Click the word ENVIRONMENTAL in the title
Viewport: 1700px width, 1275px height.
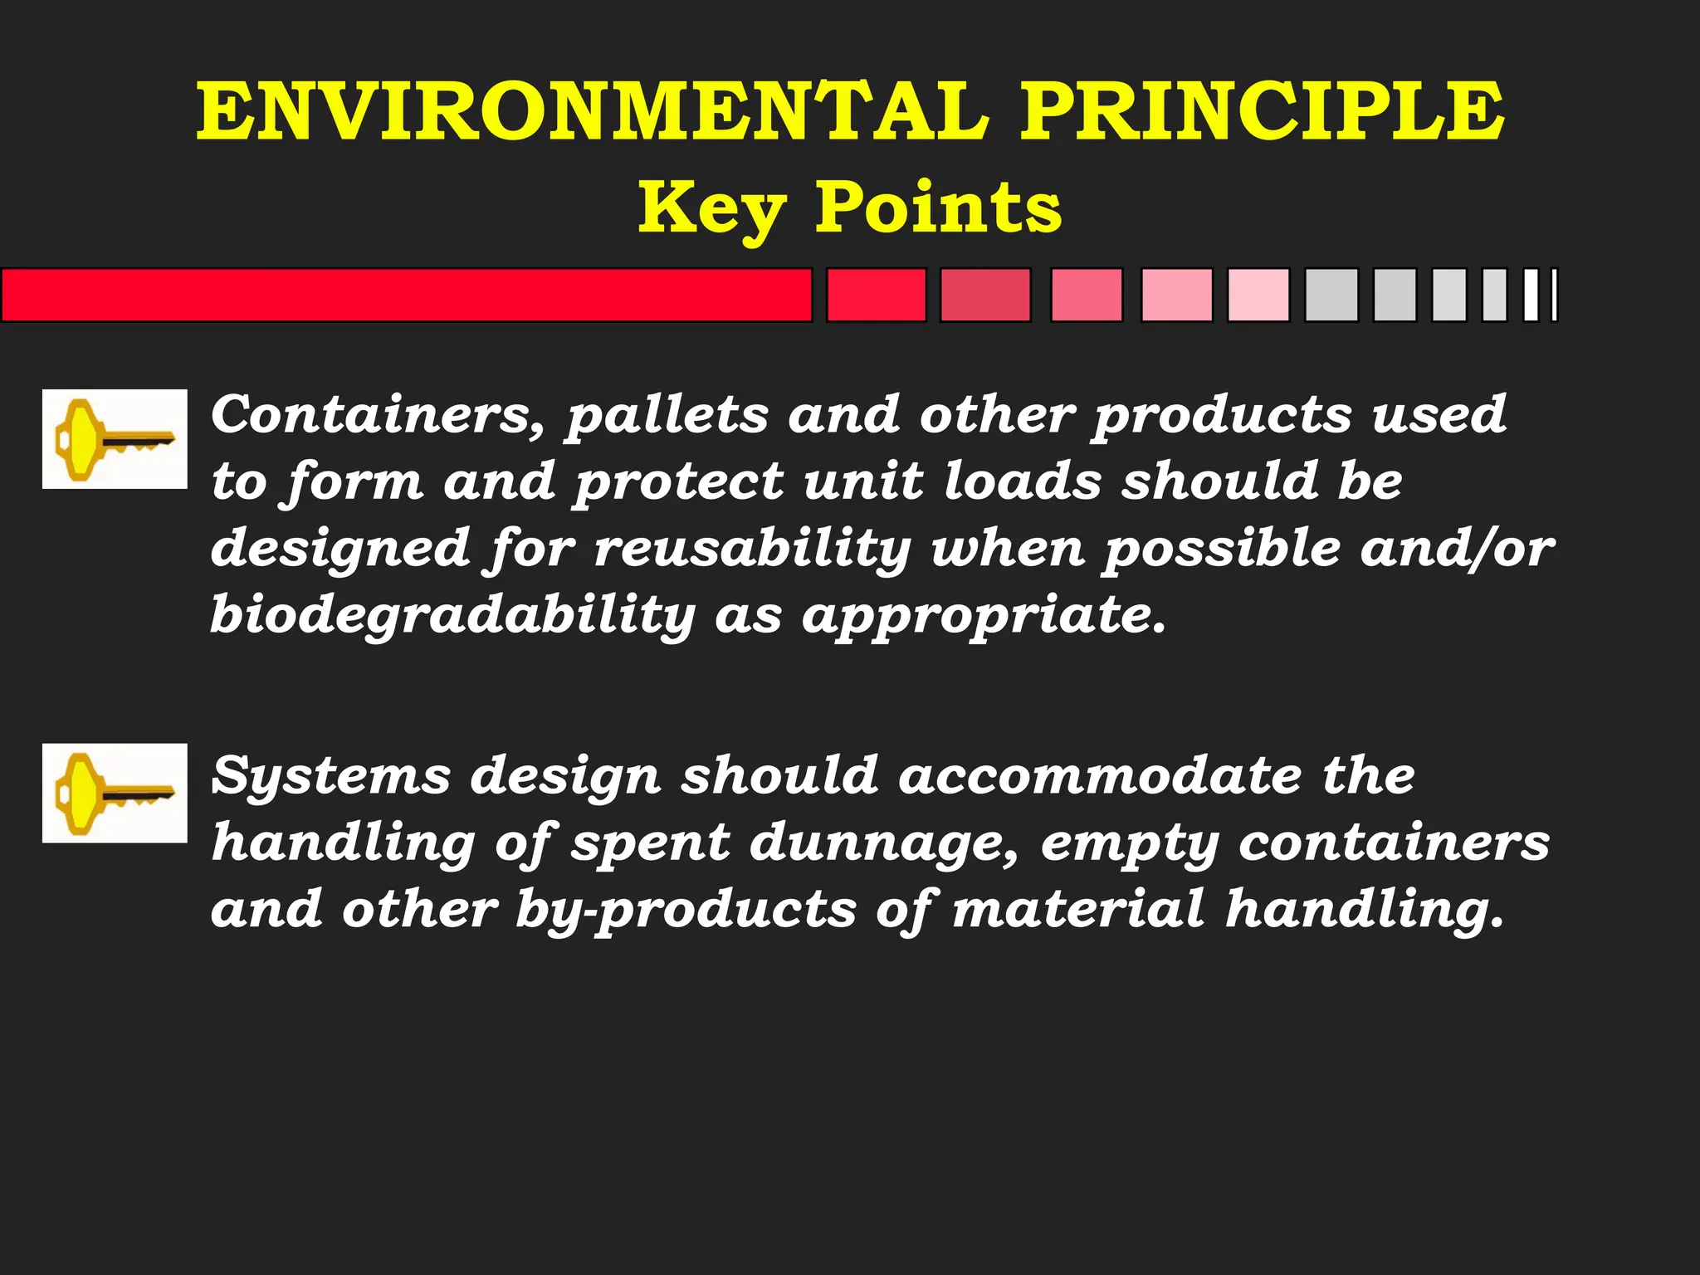593,112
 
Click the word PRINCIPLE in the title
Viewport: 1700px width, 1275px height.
1262,112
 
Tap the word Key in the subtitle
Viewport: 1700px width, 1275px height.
711,209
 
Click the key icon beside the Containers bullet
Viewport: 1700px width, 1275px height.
115,439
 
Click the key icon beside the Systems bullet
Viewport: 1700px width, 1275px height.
115,793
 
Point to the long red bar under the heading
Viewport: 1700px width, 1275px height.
406,295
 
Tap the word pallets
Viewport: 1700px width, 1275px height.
667,416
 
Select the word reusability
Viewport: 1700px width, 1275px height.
752,550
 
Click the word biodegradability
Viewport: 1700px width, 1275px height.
452,616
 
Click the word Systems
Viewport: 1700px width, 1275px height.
330,777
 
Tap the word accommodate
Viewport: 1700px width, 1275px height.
1100,776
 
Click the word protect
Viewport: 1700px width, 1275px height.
679,482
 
